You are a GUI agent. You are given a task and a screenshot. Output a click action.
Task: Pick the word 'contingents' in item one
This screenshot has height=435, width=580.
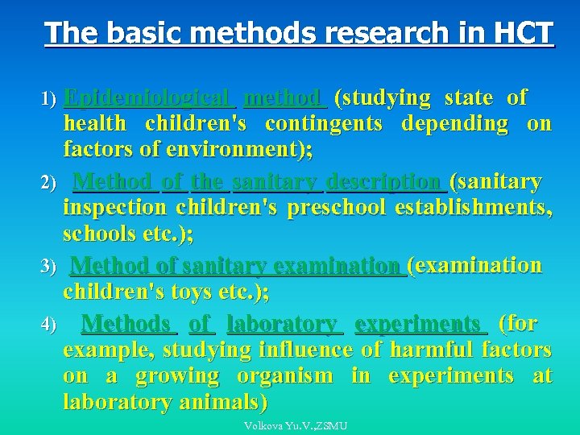[324, 124]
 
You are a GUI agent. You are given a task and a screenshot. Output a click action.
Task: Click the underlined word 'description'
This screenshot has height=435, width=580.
[386, 183]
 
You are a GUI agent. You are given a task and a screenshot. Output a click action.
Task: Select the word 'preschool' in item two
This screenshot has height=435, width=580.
[336, 208]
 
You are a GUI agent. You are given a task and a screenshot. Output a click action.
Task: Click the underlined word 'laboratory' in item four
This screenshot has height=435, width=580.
[282, 325]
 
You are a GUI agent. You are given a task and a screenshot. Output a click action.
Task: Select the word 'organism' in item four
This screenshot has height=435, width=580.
[284, 376]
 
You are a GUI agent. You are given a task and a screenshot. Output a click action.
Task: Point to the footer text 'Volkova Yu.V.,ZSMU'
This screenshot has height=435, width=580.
[296, 425]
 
